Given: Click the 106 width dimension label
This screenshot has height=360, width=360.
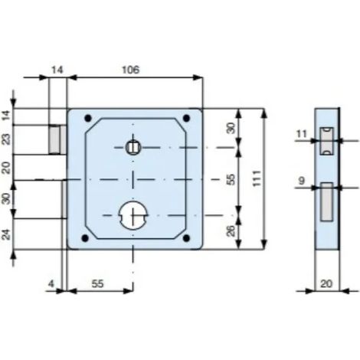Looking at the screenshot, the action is [x=130, y=70].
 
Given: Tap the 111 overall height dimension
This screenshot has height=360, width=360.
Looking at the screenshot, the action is [x=257, y=178].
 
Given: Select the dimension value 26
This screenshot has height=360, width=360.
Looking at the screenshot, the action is [x=231, y=231].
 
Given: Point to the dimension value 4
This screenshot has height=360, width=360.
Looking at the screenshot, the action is [x=51, y=283].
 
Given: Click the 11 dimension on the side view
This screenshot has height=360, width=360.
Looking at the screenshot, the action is [x=302, y=133].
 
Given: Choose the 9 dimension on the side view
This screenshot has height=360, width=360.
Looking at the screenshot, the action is [x=302, y=181].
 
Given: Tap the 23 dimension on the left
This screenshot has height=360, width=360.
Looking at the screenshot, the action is [x=7, y=139].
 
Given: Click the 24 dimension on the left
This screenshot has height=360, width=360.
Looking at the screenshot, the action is [x=7, y=234].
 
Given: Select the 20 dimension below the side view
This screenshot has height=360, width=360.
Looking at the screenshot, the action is [x=326, y=283].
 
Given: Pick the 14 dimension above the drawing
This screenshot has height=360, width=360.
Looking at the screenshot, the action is [x=57, y=70].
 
